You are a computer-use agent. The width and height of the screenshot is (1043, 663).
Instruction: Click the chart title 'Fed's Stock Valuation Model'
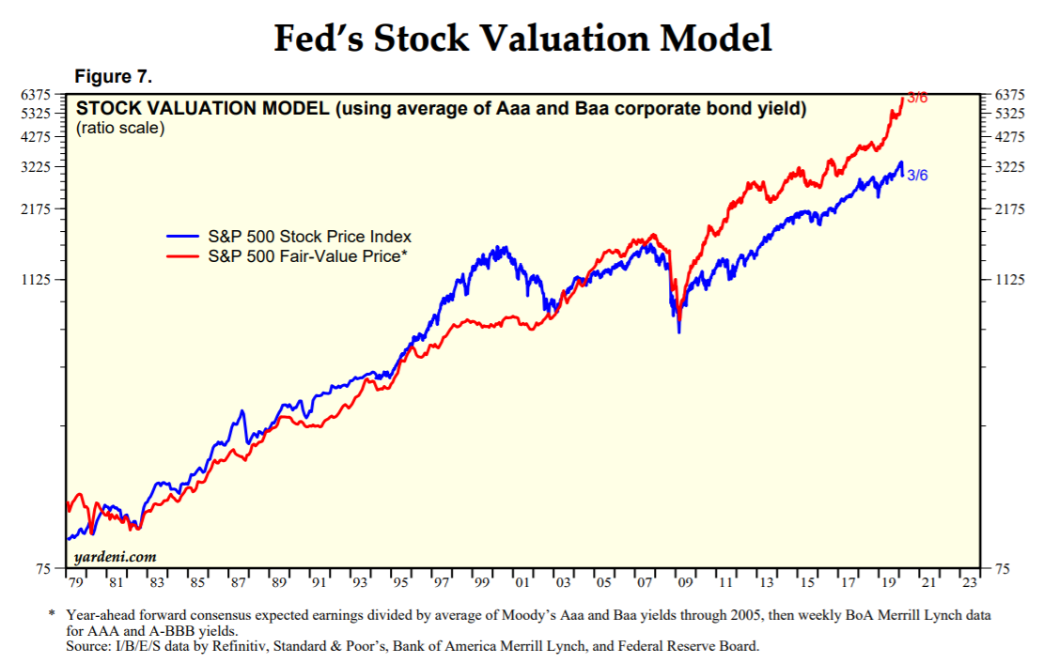[522, 39]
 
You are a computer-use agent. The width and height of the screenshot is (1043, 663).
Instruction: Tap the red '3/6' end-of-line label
[916, 98]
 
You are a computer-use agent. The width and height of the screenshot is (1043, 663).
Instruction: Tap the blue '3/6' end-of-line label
[917, 176]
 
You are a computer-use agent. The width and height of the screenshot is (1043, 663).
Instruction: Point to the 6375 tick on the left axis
[35, 95]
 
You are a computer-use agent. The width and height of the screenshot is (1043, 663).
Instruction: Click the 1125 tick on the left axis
[35, 280]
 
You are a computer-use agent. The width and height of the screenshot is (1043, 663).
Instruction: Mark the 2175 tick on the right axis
[1009, 208]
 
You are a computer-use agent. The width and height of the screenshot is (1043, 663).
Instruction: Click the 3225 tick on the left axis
[35, 167]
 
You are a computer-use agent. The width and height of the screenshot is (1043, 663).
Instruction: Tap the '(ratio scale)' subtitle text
[120, 128]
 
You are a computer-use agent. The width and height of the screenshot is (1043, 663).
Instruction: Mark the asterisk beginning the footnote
[52, 615]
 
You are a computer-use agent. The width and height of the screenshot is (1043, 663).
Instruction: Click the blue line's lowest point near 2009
[678, 332]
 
